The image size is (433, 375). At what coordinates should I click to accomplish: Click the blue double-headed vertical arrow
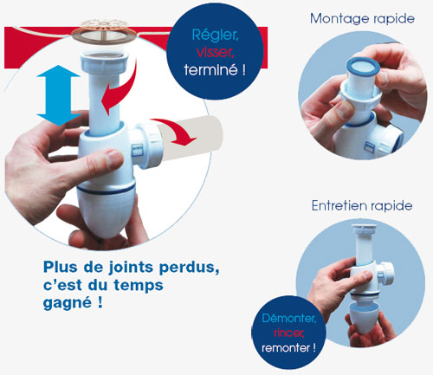click(x=59, y=95)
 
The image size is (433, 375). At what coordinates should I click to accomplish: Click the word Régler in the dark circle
click(x=215, y=36)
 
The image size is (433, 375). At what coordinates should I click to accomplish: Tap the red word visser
click(x=215, y=52)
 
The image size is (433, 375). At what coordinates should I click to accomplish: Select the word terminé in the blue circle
click(x=211, y=70)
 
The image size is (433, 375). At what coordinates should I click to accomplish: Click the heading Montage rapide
click(x=362, y=19)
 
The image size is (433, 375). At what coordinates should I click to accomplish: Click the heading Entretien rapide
click(x=362, y=206)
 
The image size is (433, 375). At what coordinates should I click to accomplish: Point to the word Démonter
click(x=289, y=319)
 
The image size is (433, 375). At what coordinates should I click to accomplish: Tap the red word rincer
click(x=289, y=333)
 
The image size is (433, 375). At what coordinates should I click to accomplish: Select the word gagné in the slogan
click(x=68, y=303)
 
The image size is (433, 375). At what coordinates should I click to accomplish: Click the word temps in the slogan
click(x=139, y=286)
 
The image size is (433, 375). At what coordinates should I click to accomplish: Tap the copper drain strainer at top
click(x=104, y=31)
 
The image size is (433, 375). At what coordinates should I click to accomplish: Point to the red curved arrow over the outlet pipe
click(x=175, y=131)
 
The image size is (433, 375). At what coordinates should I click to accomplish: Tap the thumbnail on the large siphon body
click(x=113, y=158)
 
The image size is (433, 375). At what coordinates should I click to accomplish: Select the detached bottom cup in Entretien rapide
click(x=365, y=318)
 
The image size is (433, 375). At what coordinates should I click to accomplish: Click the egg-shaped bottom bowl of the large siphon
click(x=106, y=212)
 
